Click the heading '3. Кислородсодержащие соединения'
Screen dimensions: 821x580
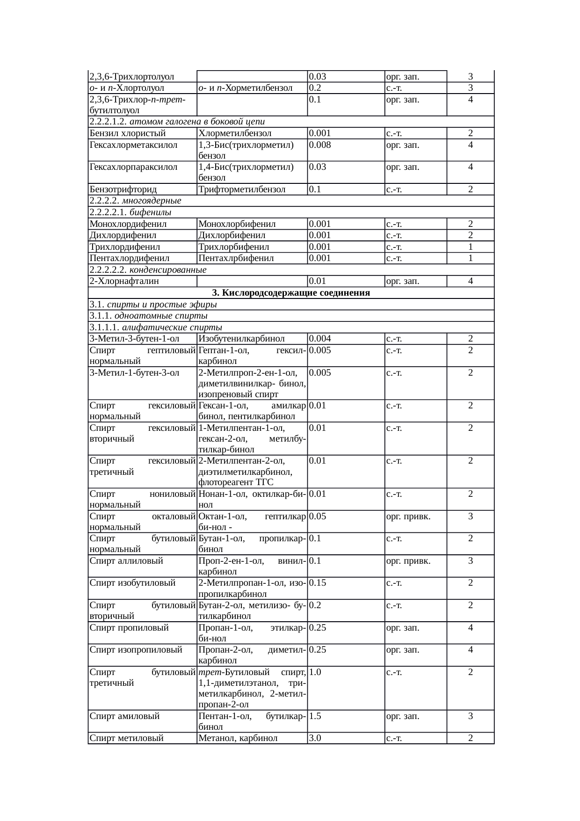(x=290, y=293)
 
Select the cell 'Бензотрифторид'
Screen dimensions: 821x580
(x=123, y=189)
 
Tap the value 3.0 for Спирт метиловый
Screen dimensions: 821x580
(x=315, y=738)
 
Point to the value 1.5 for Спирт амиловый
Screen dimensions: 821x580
(x=315, y=716)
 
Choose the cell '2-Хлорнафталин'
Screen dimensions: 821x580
(x=124, y=281)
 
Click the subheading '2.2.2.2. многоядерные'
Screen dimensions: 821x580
(x=135, y=201)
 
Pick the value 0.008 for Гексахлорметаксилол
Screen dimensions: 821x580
(x=320, y=145)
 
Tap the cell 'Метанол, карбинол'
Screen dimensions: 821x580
(x=238, y=738)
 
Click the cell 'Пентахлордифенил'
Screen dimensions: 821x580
(x=129, y=258)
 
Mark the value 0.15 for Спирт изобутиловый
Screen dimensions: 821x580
(x=318, y=583)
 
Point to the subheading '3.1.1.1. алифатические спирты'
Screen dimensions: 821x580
(x=155, y=327)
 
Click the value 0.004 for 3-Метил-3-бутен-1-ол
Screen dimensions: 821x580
(x=320, y=339)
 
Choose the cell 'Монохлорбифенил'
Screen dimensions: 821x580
(x=237, y=224)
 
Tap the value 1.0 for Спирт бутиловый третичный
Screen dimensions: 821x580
(x=315, y=672)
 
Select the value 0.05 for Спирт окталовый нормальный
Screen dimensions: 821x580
(x=318, y=516)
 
